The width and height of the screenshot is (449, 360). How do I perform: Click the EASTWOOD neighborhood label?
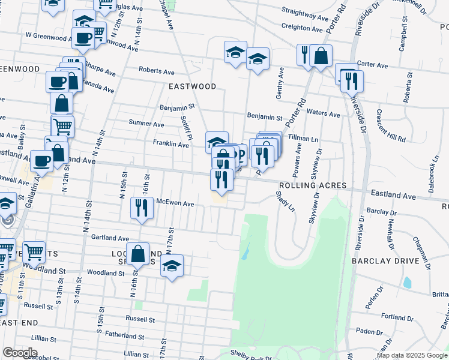click(192, 86)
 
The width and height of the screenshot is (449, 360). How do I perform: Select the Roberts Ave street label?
click(156, 70)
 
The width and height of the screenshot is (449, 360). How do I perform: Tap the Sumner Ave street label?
click(146, 124)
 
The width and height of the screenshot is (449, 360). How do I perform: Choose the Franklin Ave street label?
click(171, 143)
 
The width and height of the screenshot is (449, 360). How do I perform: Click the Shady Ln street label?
click(285, 201)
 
